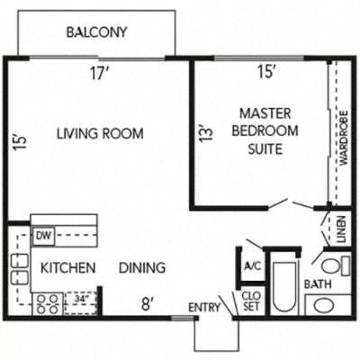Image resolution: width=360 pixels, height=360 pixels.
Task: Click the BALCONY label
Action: (x=96, y=33)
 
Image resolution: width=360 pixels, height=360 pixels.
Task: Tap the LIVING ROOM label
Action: (x=100, y=135)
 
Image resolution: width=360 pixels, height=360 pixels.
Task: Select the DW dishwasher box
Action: (x=44, y=236)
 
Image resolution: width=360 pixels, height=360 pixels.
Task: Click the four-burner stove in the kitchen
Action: (x=48, y=303)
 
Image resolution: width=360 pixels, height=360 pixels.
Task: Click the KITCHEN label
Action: (x=67, y=267)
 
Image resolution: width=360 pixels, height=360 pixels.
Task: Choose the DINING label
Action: (x=142, y=267)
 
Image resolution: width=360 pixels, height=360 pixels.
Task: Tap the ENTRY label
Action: (x=203, y=308)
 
